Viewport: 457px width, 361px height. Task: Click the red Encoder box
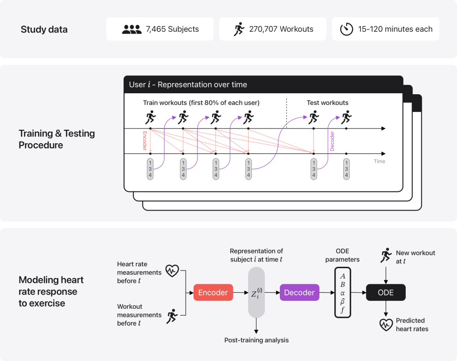pos(213,293)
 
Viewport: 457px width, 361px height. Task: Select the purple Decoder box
pos(299,293)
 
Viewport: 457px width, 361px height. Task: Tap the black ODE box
pos(386,293)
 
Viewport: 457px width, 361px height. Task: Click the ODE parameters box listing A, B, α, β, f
pos(343,292)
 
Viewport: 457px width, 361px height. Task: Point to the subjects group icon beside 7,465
pos(132,29)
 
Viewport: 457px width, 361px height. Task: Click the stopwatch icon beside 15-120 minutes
pos(347,29)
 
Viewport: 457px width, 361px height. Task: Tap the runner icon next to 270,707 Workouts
pos(239,29)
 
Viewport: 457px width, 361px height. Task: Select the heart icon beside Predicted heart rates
pos(386,324)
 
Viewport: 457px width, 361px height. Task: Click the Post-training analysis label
pos(256,340)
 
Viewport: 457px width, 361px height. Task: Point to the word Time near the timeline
pos(379,161)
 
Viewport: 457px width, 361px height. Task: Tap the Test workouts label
pos(328,103)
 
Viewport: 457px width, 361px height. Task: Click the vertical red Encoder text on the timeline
pos(145,140)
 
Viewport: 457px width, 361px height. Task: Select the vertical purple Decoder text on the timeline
pos(332,140)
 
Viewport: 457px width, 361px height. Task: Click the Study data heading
pos(44,30)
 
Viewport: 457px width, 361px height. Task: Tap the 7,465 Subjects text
pos(172,29)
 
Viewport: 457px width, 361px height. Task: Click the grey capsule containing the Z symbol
pos(256,293)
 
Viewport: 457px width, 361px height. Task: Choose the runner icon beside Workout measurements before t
pos(171,316)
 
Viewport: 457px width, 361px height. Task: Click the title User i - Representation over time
pos(188,84)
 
